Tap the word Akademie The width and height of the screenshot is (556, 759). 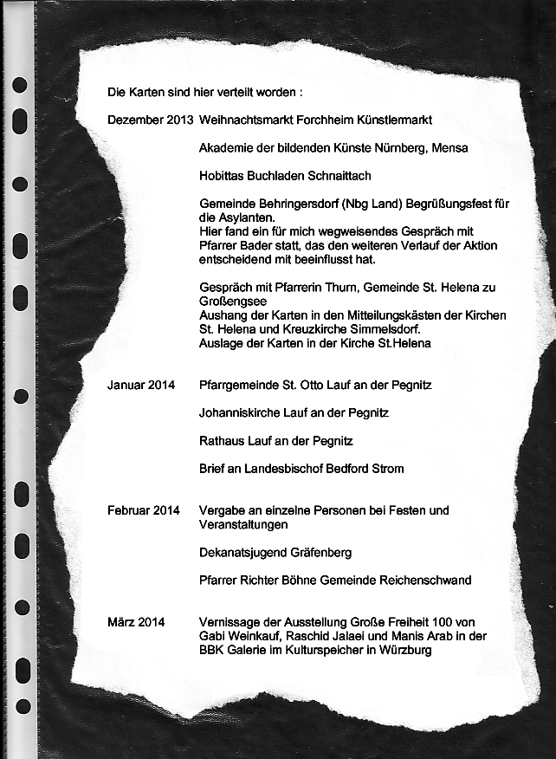pos(226,147)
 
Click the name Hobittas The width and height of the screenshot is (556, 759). pos(223,176)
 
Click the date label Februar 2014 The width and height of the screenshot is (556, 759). pos(144,510)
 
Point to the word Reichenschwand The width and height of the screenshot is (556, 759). pos(422,580)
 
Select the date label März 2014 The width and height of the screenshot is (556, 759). pos(136,622)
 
